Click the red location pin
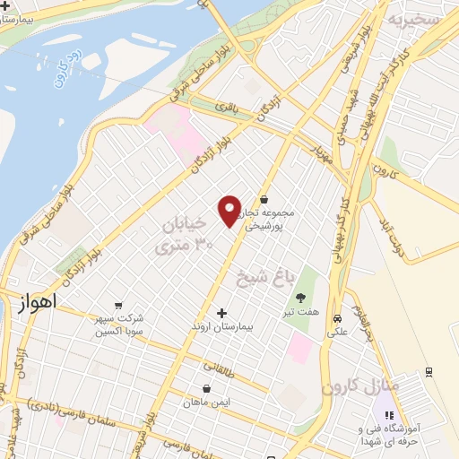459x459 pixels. coord(230,210)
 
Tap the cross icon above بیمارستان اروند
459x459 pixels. coord(221,313)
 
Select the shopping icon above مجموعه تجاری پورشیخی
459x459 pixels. coord(264,199)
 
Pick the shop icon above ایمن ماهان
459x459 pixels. coord(208,389)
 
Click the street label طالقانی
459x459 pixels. coord(217,366)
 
